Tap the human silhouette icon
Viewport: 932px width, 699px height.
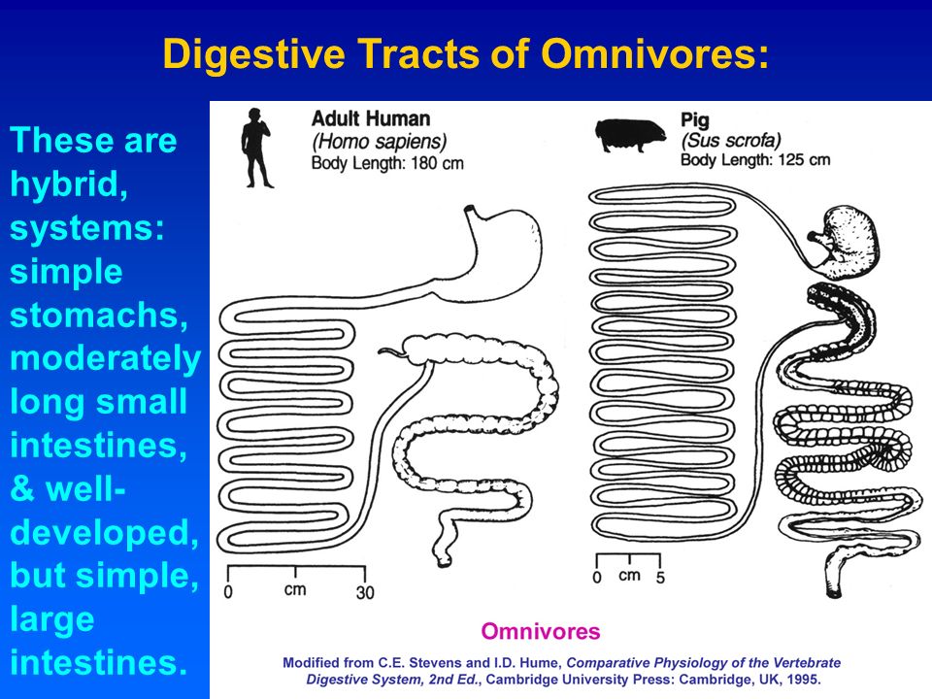click(x=256, y=148)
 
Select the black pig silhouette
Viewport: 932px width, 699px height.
click(x=629, y=135)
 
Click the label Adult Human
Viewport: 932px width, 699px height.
click(x=371, y=118)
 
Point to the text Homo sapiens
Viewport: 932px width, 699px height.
click(x=380, y=142)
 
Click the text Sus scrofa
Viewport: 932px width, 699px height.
click(x=730, y=140)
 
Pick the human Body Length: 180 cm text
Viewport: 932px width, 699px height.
click(x=387, y=163)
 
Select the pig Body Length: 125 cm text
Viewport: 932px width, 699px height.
click(x=755, y=160)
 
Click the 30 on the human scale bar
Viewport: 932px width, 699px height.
click(x=365, y=592)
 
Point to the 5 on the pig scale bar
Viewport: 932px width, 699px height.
click(x=660, y=578)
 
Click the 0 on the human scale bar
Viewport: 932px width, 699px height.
click(x=227, y=592)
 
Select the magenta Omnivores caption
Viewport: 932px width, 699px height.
click(x=541, y=631)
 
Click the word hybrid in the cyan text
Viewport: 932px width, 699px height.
click(x=68, y=184)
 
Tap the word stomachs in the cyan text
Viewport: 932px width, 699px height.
click(x=99, y=315)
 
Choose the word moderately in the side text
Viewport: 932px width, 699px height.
click(x=105, y=359)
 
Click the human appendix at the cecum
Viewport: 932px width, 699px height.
click(x=392, y=352)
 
